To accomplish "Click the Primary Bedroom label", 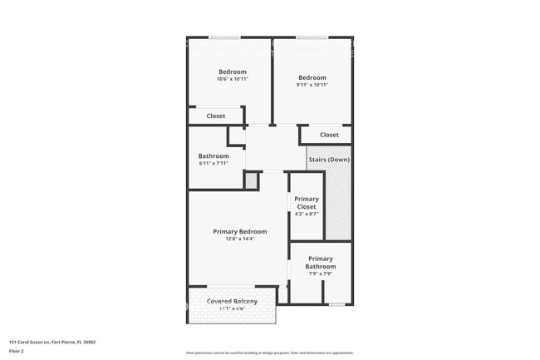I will pyautogui.click(x=240, y=231).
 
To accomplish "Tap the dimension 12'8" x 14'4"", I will pyautogui.click(x=240, y=239).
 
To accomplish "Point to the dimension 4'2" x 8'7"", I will pyautogui.click(x=307, y=215).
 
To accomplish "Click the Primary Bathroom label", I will pyautogui.click(x=320, y=263).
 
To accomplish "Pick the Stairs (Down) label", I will pyautogui.click(x=328, y=159).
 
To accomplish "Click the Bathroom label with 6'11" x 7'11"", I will pyautogui.click(x=214, y=155).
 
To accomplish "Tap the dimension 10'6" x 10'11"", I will pyautogui.click(x=232, y=80).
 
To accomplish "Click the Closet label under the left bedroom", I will pyautogui.click(x=216, y=116).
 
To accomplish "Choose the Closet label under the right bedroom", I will pyautogui.click(x=329, y=135).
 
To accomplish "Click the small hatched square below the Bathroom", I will pyautogui.click(x=252, y=180).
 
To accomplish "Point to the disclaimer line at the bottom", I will pyautogui.click(x=269, y=353).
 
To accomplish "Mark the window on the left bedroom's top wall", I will pyautogui.click(x=224, y=37).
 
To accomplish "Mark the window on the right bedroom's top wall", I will pyautogui.click(x=312, y=37).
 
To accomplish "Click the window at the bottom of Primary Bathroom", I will pyautogui.click(x=336, y=304).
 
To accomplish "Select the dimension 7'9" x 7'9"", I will pyautogui.click(x=320, y=274).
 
